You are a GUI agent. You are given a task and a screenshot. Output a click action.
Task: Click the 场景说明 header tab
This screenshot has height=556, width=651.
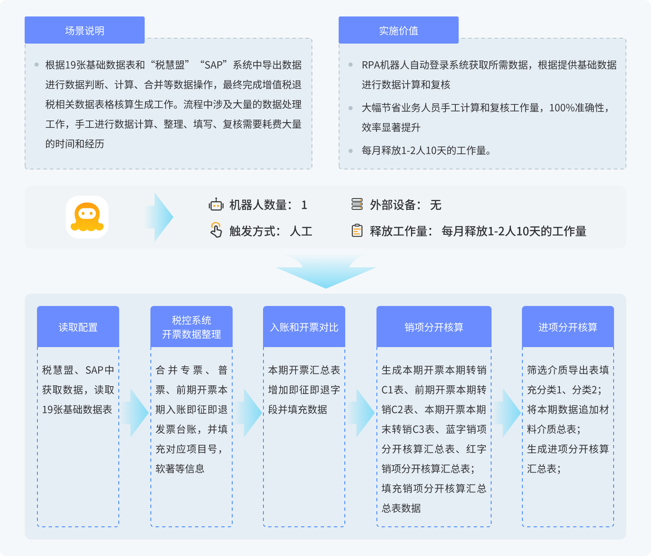[85, 30]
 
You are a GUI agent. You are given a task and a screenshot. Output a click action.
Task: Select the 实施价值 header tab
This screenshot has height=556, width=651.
[399, 30]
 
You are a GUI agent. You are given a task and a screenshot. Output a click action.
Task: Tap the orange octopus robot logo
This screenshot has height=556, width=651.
[87, 217]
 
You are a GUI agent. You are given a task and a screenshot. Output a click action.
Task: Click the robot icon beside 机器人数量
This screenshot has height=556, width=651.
[216, 204]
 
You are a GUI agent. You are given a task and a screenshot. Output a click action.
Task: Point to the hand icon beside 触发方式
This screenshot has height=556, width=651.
[216, 230]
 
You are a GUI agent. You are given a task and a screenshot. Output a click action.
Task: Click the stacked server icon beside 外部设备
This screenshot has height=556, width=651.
[357, 204]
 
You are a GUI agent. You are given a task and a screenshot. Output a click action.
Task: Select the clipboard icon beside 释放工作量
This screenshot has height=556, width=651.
[357, 230]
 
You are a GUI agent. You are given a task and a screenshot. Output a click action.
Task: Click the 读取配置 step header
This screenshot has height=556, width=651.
[78, 327]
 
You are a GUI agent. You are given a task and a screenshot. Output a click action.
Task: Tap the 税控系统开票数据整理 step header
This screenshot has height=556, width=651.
[192, 327]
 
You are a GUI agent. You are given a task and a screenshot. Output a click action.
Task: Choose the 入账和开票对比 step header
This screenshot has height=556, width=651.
[304, 327]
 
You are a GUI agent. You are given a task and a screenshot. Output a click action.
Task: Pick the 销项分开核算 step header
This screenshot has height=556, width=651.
[434, 327]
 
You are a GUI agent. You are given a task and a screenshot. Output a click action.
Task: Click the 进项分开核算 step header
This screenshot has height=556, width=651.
[568, 327]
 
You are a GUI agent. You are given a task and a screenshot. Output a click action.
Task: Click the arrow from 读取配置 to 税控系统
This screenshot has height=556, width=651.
[136, 413]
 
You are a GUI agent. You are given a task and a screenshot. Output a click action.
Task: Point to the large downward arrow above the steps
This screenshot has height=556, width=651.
[326, 272]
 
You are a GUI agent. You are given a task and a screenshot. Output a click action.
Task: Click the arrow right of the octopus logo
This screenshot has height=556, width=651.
[159, 217]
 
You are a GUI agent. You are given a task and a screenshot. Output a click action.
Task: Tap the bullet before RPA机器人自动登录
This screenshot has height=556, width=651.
[351, 65]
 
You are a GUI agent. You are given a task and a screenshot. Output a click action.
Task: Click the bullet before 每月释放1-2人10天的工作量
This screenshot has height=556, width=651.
[351, 151]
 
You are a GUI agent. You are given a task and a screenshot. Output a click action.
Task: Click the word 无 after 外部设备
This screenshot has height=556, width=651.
[436, 205]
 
